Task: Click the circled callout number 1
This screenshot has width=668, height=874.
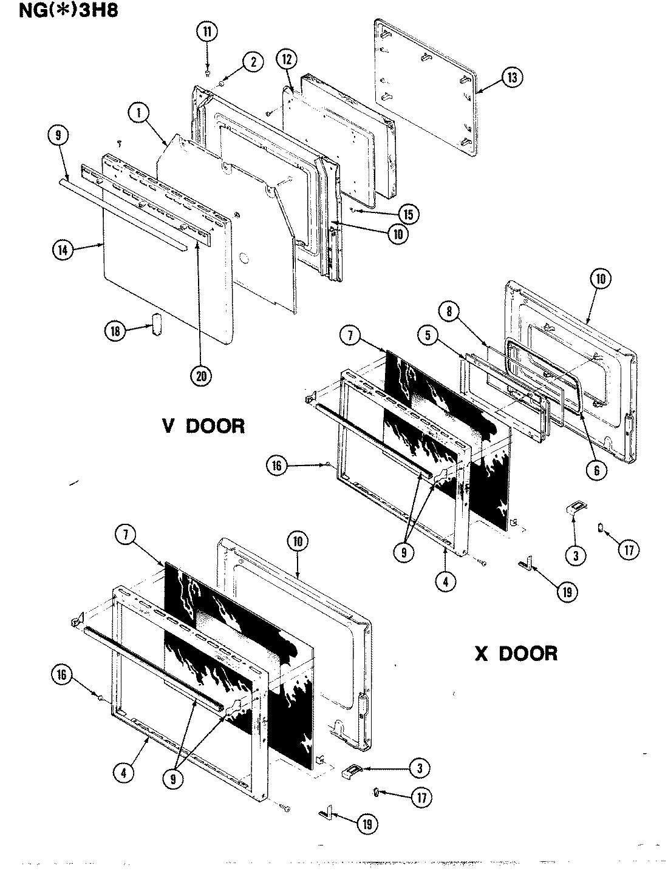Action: pos(138,113)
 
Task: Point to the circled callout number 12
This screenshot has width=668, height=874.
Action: pos(287,59)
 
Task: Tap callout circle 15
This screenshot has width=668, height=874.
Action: pos(408,213)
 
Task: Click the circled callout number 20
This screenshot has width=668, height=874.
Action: pos(200,376)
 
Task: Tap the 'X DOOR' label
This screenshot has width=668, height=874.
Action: pos(515,653)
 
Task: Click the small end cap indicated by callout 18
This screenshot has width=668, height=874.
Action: pos(157,324)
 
